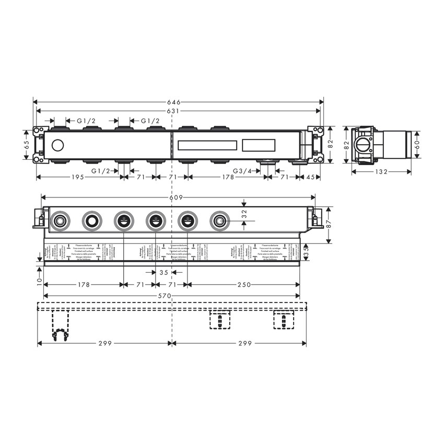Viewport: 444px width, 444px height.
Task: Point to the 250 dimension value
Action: (x=243, y=285)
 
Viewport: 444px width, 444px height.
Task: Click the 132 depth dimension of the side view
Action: (x=381, y=172)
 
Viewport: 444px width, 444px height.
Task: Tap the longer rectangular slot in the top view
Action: (x=207, y=145)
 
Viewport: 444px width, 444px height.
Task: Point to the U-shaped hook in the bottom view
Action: (x=61, y=334)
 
